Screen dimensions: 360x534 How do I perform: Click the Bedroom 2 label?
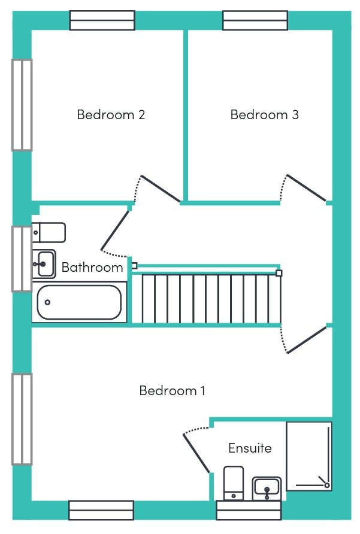pos(111,114)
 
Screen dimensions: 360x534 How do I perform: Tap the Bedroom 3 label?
pos(265,114)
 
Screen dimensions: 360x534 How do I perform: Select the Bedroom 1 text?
pos(172,390)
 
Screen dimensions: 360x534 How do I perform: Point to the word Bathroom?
pos(92,268)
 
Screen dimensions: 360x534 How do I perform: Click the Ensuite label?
pos(250,448)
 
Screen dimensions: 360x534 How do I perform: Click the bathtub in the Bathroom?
pos(79,302)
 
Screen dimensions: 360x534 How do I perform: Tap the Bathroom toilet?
pos(49,233)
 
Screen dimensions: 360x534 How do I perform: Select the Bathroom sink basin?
pos(44,264)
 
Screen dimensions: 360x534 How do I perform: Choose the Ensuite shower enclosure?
pos(309,456)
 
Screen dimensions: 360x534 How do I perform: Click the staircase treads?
pos(206,299)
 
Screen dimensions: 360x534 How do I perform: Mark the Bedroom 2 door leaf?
pos(161,189)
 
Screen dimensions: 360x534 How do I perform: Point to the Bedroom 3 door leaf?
pos(306,187)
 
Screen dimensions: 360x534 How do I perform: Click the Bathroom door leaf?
pos(115,230)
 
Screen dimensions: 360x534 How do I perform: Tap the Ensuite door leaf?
pos(196,453)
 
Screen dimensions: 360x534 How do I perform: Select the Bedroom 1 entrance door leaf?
pos(307,340)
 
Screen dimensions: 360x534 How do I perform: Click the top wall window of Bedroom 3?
pos(255,20)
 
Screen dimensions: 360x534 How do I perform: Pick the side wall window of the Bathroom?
pos(22,259)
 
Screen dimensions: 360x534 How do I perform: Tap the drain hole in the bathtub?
pos(47,302)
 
